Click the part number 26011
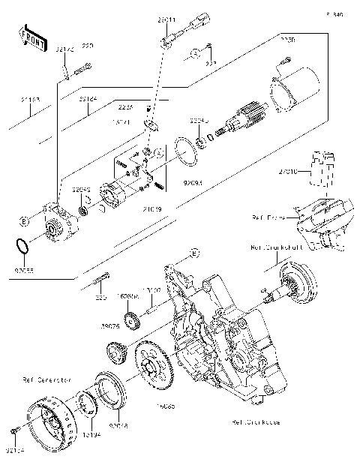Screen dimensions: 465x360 [x=166, y=21]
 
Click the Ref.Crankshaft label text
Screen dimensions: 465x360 [x=277, y=246]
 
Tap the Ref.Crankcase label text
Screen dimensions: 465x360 [x=256, y=422]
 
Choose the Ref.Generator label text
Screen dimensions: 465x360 [x=46, y=380]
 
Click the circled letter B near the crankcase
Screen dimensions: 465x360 [x=193, y=253]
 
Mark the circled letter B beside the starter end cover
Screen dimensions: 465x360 [x=24, y=220]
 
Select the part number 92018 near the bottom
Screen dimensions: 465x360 [x=119, y=425]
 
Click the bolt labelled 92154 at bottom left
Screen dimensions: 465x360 [x=13, y=431]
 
